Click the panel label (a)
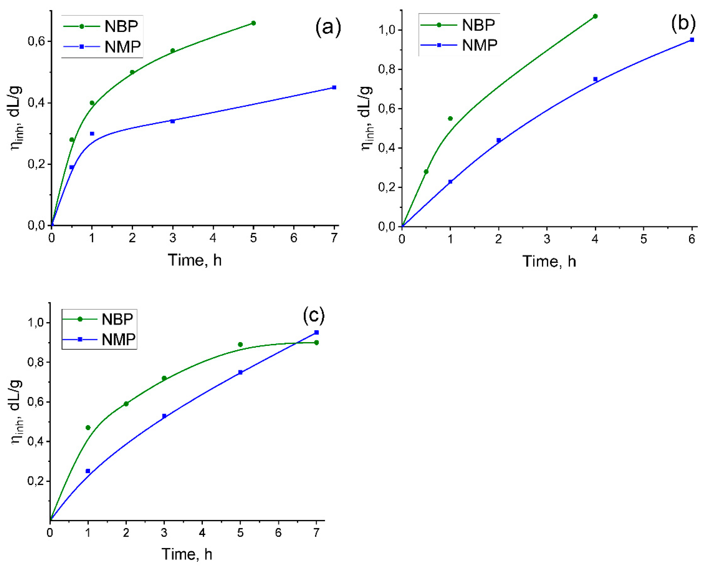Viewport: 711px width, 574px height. click(x=328, y=28)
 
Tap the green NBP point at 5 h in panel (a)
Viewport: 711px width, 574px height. click(x=253, y=23)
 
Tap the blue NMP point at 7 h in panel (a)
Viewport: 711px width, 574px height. click(x=334, y=88)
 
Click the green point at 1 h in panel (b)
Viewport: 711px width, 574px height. click(x=450, y=118)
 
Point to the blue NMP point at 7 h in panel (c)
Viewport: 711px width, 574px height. click(x=316, y=332)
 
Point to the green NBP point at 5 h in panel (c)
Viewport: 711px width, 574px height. click(x=240, y=345)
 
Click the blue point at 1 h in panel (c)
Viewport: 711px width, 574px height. click(x=88, y=471)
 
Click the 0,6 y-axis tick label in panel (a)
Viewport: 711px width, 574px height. click(x=36, y=41)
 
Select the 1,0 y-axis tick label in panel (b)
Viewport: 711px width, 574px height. click(x=387, y=30)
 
